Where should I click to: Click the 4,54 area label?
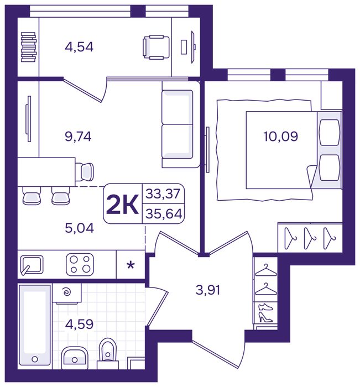click(x=79, y=47)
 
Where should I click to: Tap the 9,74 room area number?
click(x=78, y=136)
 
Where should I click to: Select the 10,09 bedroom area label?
click(x=281, y=136)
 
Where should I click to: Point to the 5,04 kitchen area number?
click(x=79, y=228)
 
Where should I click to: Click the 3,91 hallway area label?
click(x=208, y=290)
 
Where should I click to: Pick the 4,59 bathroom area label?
click(x=79, y=324)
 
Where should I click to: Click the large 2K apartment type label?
click(x=122, y=205)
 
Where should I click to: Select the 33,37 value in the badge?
click(x=163, y=193)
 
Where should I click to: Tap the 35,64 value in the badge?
click(x=164, y=214)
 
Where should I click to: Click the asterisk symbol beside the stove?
click(x=131, y=265)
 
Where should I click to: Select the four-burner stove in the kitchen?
click(x=80, y=264)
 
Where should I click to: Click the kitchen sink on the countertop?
click(x=32, y=265)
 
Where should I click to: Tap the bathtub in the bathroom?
click(x=35, y=327)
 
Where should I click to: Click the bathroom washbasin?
click(x=75, y=358)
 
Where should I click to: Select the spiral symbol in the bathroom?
click(x=67, y=292)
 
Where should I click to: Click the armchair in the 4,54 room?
click(x=156, y=47)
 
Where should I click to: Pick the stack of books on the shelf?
click(x=29, y=47)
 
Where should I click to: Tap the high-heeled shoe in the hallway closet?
click(x=265, y=317)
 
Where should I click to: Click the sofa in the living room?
click(x=181, y=124)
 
